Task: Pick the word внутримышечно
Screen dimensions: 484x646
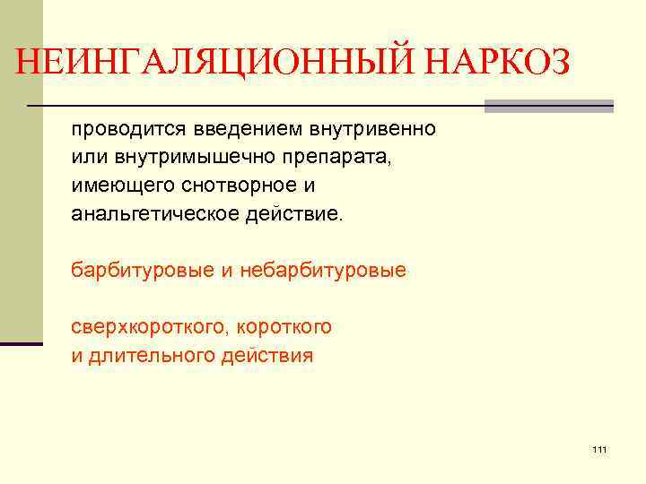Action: tap(191, 158)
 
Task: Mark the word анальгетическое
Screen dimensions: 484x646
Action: tap(148, 215)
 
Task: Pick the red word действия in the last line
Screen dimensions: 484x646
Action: tap(271, 355)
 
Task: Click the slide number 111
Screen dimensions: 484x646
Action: tap(600, 449)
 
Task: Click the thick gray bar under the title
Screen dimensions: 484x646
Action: tap(548, 106)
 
